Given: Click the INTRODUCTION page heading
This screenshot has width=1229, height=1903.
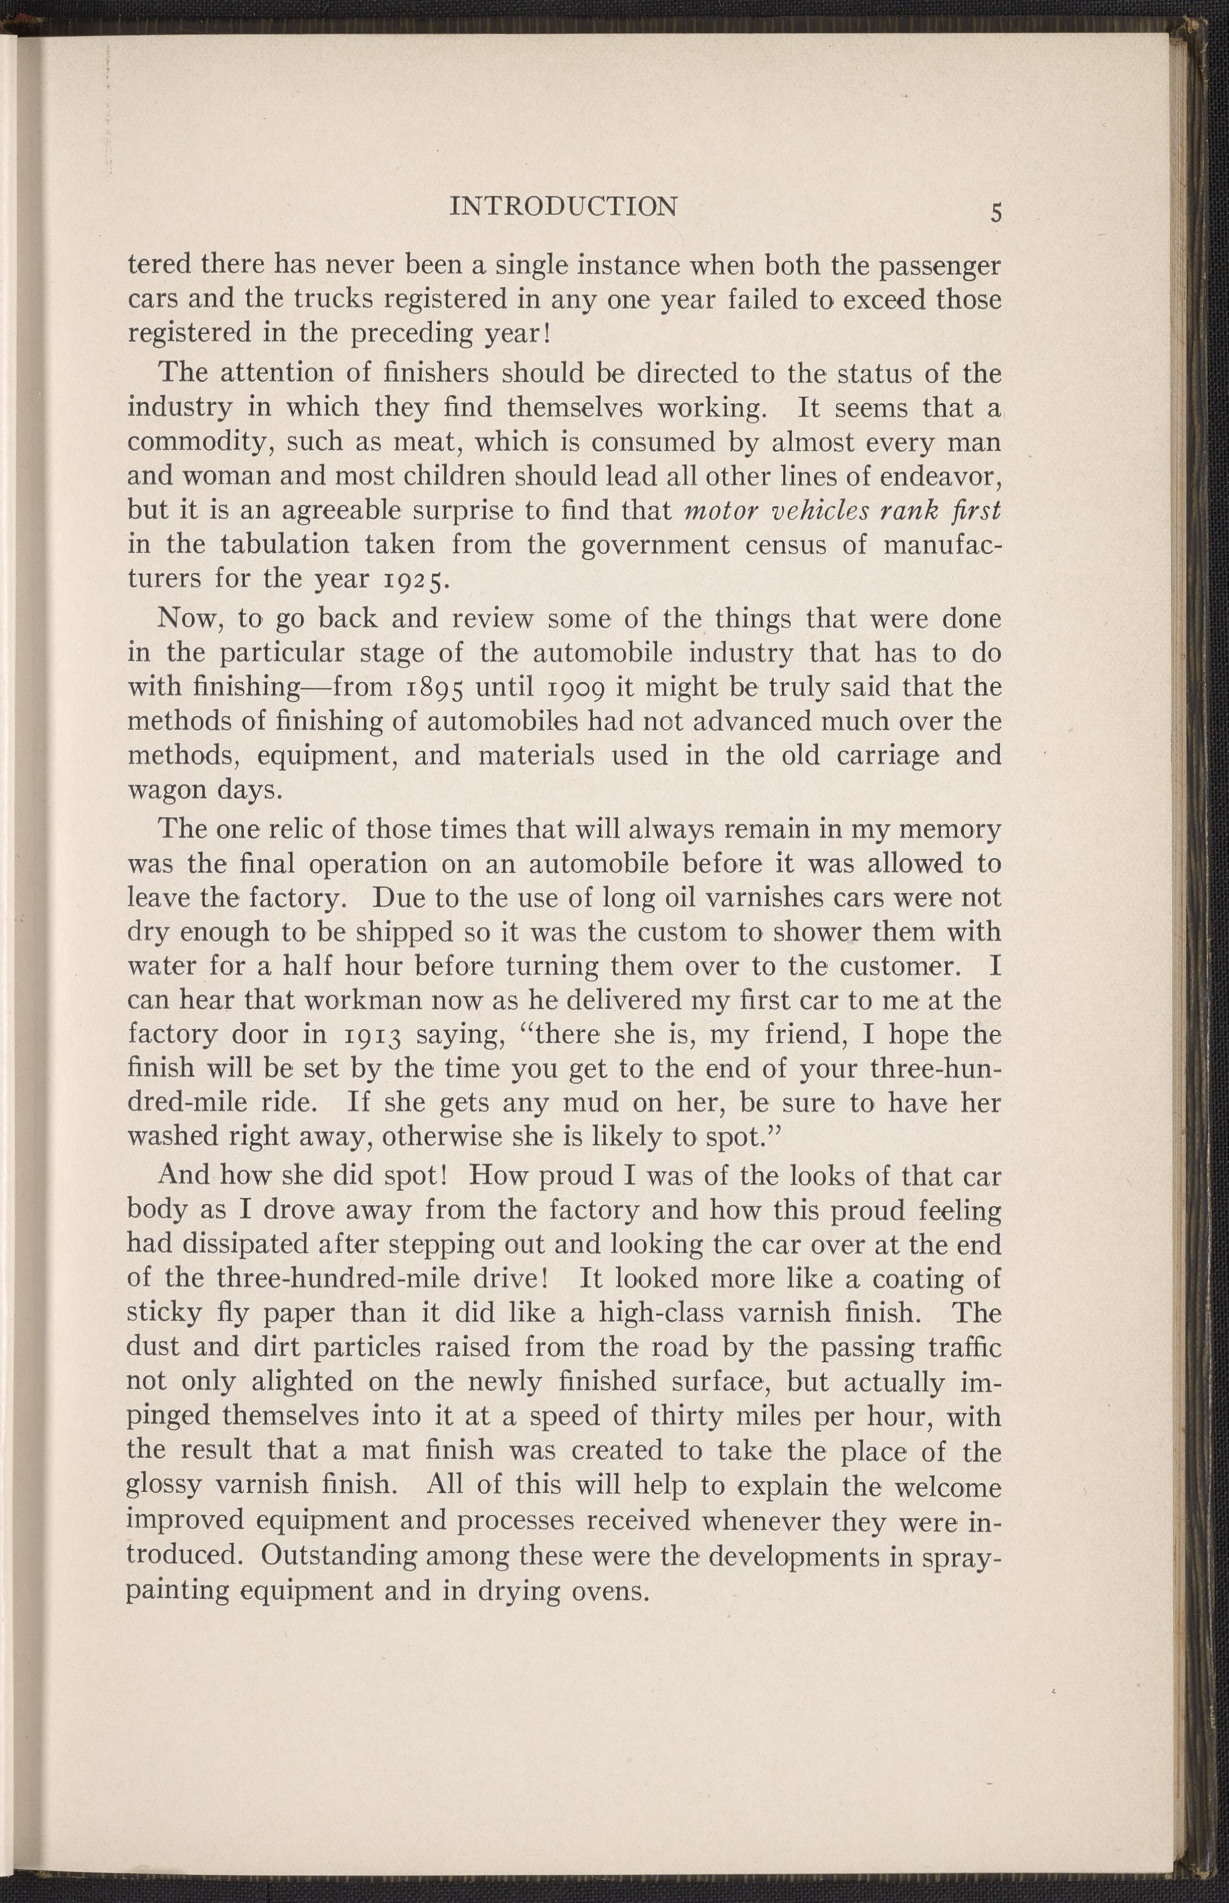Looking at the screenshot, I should [564, 207].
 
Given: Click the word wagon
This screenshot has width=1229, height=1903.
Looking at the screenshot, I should [164, 790].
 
